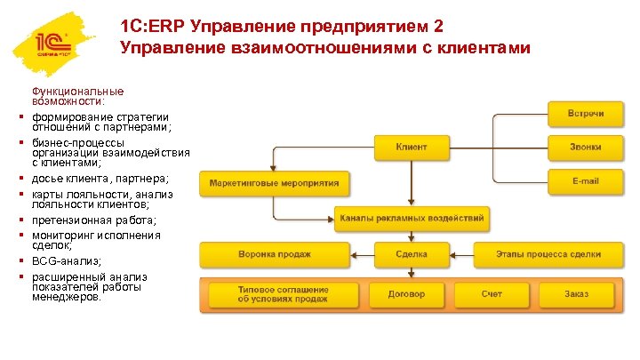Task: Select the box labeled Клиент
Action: click(x=411, y=147)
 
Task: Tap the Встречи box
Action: click(x=586, y=113)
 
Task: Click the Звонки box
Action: click(x=586, y=147)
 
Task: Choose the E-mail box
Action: click(x=586, y=181)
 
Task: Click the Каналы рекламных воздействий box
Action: click(x=411, y=218)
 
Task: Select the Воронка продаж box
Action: click(x=274, y=254)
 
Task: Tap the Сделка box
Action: click(x=411, y=254)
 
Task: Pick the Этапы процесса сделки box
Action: click(x=548, y=254)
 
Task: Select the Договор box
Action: click(x=411, y=294)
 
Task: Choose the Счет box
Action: click(x=492, y=294)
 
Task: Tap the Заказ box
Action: click(x=576, y=294)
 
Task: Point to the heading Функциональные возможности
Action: click(x=77, y=96)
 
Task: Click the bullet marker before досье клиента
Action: click(x=19, y=180)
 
